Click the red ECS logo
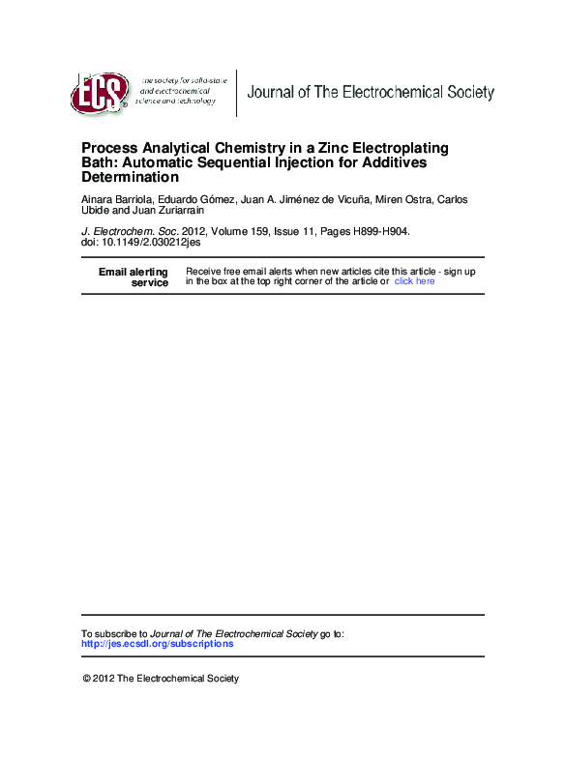tap(99, 93)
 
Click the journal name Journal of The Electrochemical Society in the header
tap(371, 93)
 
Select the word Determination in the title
tap(131, 178)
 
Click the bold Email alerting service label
tap(134, 277)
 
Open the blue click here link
tap(414, 281)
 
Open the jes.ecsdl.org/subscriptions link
tap(157, 644)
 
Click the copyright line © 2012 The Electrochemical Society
tap(161, 679)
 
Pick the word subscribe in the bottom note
tap(120, 633)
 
